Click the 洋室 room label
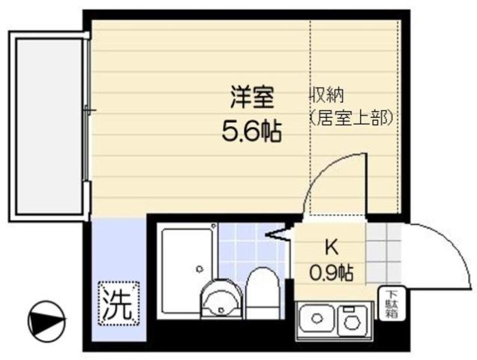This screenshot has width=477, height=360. click(251, 97)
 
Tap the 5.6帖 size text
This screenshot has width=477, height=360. click(251, 133)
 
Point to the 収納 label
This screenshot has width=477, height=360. click(328, 96)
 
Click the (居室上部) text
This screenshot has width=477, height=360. click(350, 117)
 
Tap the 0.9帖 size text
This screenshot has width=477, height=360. click(331, 271)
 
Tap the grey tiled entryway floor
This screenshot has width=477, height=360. click(383, 250)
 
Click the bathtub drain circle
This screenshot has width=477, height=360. click(199, 268)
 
